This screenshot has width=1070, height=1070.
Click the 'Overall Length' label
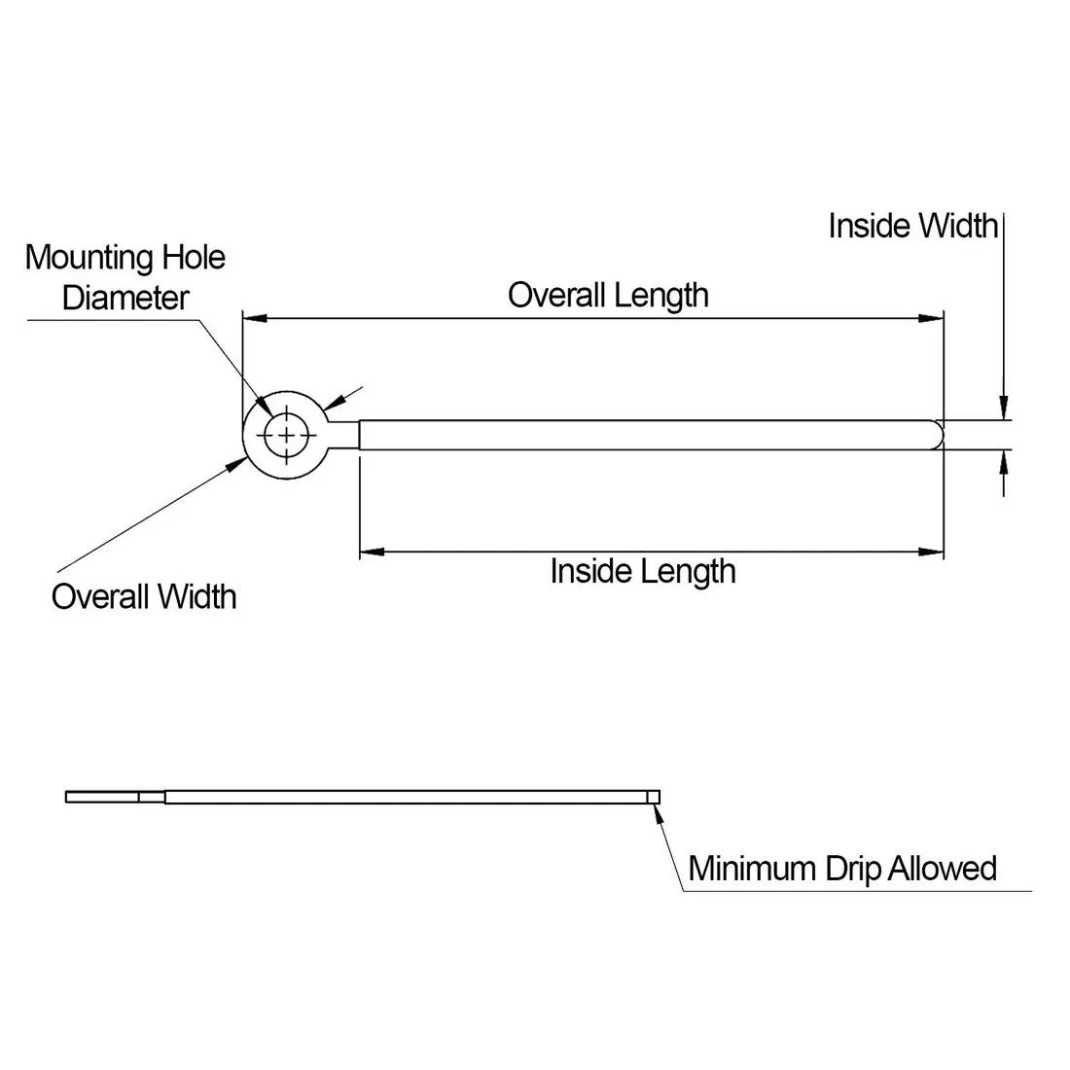coord(608,295)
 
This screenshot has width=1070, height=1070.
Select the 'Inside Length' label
coord(642,570)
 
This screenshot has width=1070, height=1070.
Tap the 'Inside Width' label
coord(912,226)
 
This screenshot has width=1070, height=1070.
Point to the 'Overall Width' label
coord(144,595)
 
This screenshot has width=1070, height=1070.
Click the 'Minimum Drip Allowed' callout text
coord(842,868)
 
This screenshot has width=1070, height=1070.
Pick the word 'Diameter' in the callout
coord(125,298)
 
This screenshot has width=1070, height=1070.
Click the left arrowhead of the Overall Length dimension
coord(253,317)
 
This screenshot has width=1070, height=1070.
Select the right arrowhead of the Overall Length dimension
coord(933,317)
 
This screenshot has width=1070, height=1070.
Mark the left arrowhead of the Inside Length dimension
coord(372,552)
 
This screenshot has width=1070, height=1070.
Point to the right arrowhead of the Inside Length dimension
coord(933,552)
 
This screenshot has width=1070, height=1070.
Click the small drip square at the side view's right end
coord(654,797)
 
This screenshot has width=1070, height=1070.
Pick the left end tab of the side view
coord(102,797)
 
